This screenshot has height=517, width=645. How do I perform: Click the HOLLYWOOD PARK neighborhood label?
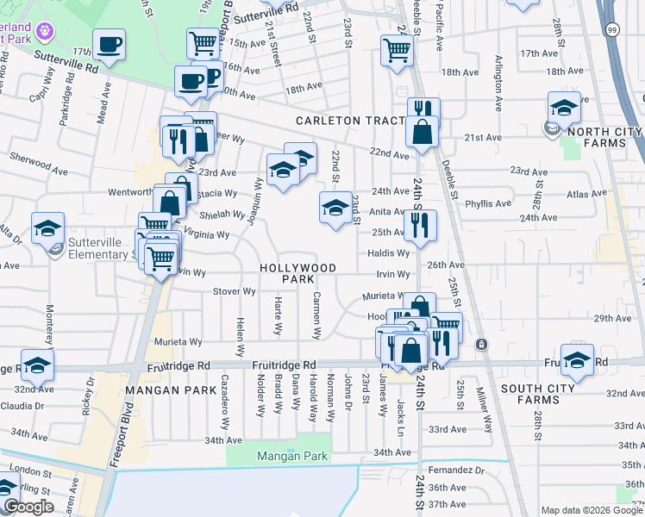(x=298, y=274)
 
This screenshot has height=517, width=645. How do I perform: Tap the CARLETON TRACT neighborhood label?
(x=351, y=121)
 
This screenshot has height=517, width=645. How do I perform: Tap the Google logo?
(x=28, y=507)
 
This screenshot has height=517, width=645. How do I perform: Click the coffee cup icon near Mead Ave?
(x=110, y=46)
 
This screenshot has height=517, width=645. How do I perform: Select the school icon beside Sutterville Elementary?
(x=48, y=229)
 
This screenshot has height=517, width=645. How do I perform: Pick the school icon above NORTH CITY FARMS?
(x=564, y=109)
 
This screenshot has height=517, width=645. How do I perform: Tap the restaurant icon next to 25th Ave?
(x=420, y=227)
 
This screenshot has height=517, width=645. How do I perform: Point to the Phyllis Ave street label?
(x=488, y=204)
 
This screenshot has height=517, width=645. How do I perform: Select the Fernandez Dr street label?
(x=456, y=470)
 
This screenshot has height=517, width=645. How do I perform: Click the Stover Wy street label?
(x=235, y=291)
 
